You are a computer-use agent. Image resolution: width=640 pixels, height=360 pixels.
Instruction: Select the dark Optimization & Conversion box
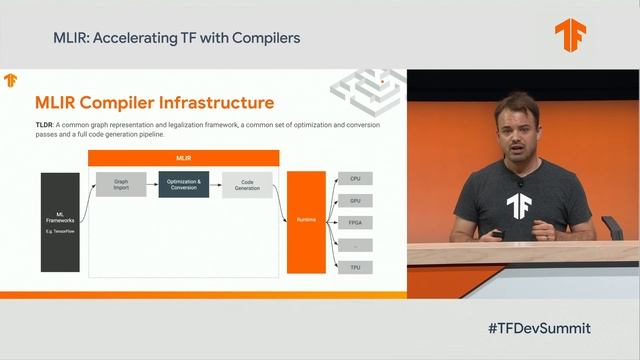click(x=184, y=185)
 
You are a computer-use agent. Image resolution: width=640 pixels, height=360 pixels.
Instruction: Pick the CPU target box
click(x=355, y=178)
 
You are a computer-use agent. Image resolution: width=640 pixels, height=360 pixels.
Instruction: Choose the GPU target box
click(x=355, y=200)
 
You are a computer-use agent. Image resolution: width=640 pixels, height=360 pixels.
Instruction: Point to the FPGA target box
click(x=355, y=222)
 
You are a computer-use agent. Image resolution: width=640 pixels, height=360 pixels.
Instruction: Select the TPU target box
click(x=355, y=267)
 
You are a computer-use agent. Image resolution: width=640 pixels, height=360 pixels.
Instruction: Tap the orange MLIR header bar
click(x=184, y=158)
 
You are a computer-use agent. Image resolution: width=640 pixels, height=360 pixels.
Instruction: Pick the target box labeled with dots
click(x=355, y=245)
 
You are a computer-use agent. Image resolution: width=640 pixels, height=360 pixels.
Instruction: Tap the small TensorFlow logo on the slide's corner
click(x=11, y=80)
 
